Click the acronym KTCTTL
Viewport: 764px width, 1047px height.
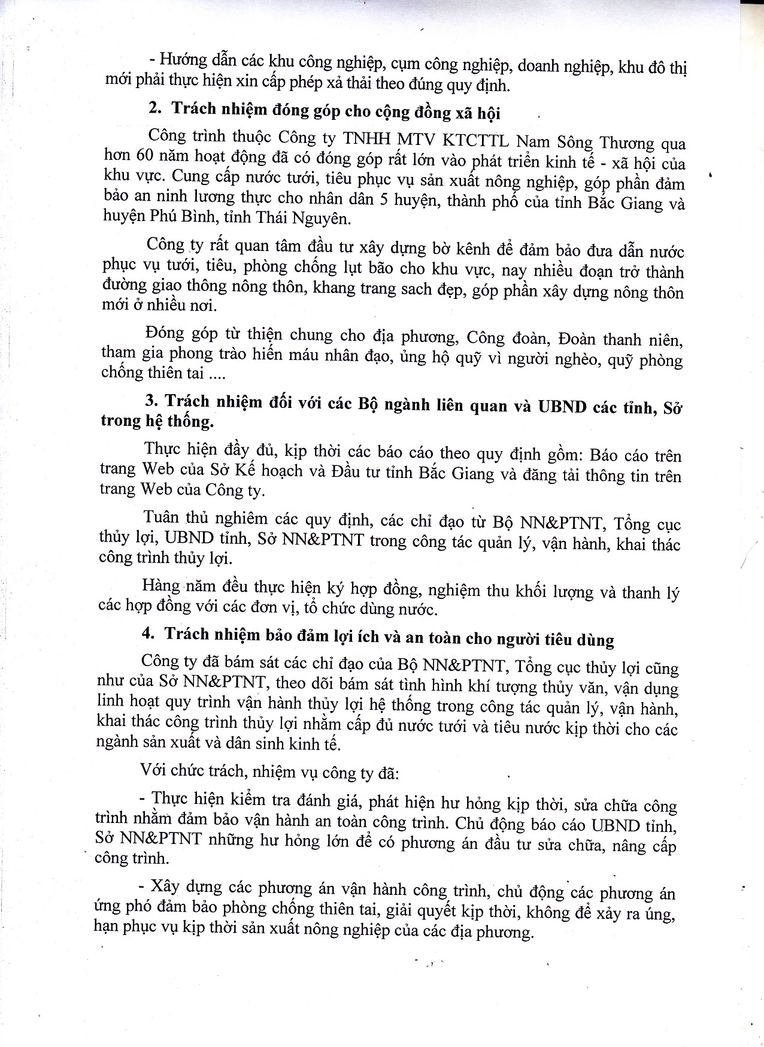(475, 140)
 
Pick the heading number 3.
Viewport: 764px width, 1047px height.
(151, 401)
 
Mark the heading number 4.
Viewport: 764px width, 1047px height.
(148, 634)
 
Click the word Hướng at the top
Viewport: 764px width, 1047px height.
(183, 60)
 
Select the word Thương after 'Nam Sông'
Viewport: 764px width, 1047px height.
(626, 143)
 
